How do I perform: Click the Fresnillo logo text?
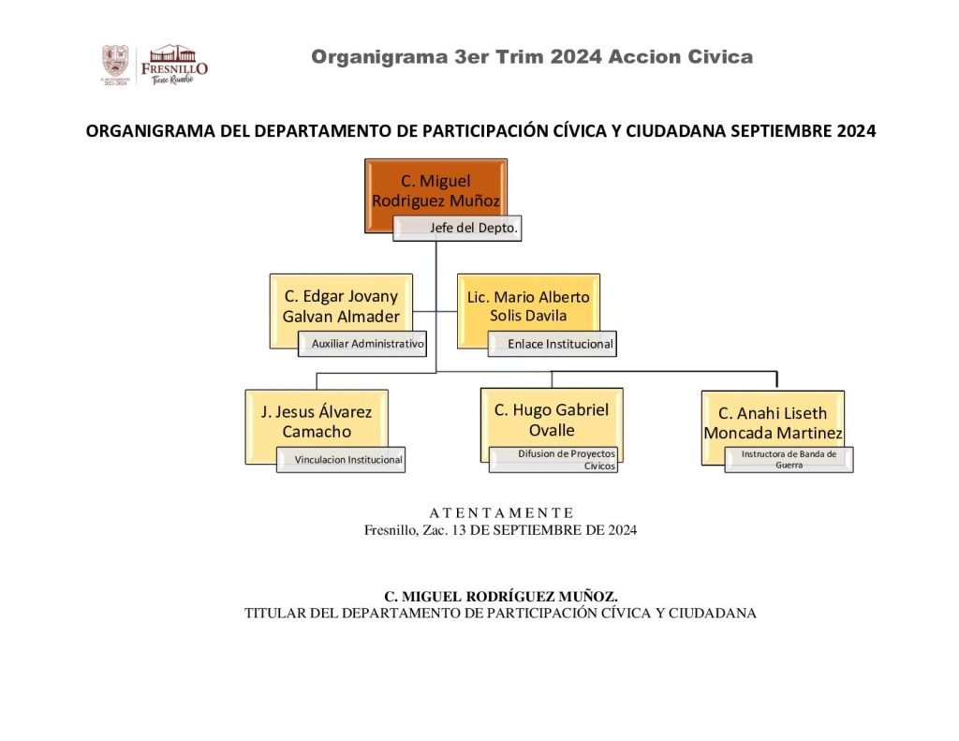click(174, 68)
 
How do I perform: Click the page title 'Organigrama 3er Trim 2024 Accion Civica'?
click(532, 57)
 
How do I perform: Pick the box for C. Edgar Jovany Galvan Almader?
click(341, 306)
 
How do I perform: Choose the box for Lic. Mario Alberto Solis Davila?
click(528, 306)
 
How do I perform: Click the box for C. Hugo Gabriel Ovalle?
click(552, 420)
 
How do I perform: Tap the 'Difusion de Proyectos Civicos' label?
click(553, 460)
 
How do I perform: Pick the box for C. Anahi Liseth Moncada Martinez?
click(773, 422)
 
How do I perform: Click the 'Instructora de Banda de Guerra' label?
click(789, 460)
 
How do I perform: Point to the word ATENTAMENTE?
click(501, 512)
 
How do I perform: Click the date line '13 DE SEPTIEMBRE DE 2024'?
click(544, 530)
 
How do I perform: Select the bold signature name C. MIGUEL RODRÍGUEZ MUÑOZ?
click(501, 597)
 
